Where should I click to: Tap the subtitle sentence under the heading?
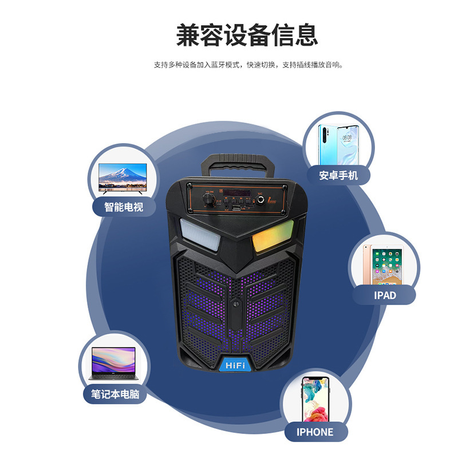click(248, 65)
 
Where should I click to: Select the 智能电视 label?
click(123, 207)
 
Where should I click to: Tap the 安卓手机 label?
click(338, 175)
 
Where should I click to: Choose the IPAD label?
click(384, 295)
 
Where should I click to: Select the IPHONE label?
click(315, 432)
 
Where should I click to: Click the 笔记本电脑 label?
click(115, 394)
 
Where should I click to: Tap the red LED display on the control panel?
click(236, 191)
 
